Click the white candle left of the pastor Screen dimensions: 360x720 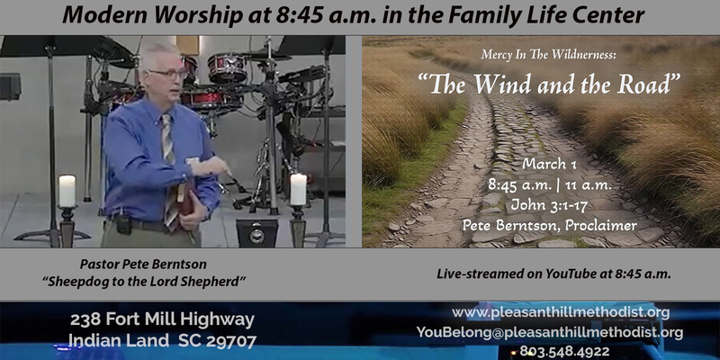67,191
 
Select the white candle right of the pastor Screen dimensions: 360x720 298,189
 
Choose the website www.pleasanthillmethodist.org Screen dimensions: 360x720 560,312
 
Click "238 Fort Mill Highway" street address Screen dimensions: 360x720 162,319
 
